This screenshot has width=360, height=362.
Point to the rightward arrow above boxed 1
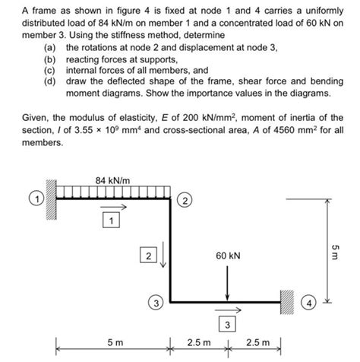(112, 207)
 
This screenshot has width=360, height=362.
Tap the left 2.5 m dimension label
(198, 342)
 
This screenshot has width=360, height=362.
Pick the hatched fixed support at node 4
(288, 302)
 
